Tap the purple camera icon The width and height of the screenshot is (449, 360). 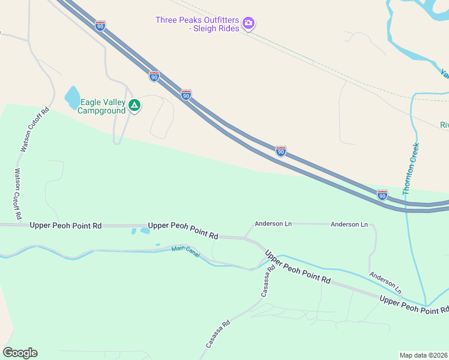[x=249, y=24]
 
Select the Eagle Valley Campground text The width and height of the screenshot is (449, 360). [x=103, y=106]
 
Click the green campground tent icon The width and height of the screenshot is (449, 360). [x=135, y=106]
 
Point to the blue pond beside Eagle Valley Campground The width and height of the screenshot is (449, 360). [x=72, y=97]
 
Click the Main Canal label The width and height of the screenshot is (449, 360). [x=185, y=249]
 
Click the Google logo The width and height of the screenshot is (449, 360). [x=20, y=353]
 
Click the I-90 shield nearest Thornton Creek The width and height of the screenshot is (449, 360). [x=382, y=194]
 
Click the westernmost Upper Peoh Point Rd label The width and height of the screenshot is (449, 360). [x=65, y=225]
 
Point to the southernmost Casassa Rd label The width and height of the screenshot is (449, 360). [x=218, y=334]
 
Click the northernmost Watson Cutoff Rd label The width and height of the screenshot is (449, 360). [x=34, y=130]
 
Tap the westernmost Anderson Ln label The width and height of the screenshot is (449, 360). [x=273, y=224]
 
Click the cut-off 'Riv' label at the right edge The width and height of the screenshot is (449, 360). [x=444, y=125]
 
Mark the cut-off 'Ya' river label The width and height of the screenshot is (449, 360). [x=444, y=74]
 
